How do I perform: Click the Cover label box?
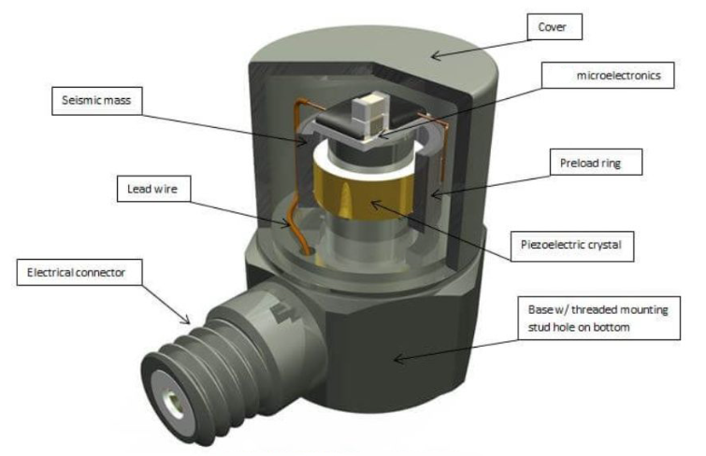[555, 26]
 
